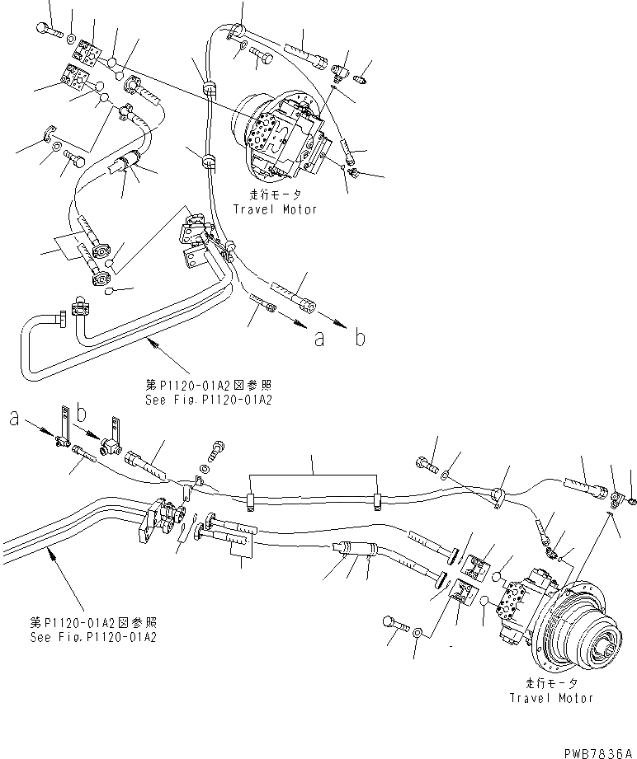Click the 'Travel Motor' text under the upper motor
[275, 209]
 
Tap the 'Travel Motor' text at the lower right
[551, 697]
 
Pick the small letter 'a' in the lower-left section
[14, 419]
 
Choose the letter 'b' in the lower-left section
[81, 410]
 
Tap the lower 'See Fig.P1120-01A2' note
[92, 637]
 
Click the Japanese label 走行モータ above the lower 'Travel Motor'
[551, 684]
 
